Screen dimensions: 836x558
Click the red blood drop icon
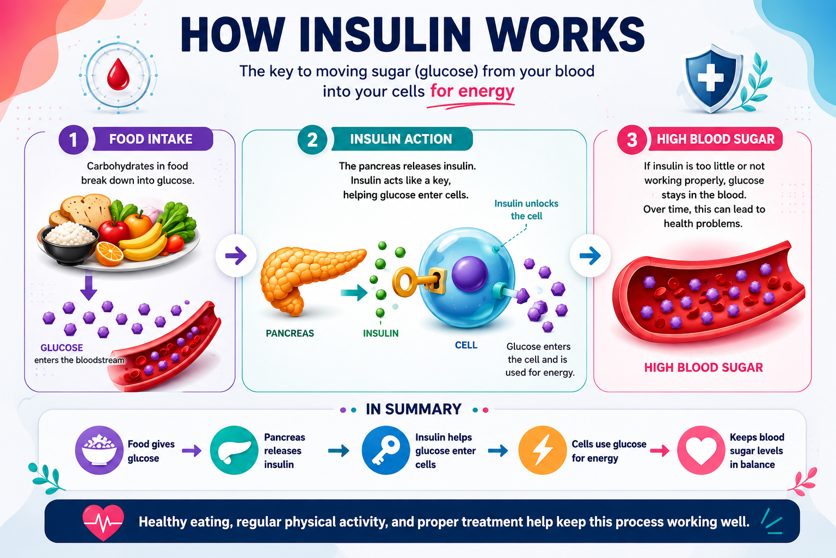pos(118,74)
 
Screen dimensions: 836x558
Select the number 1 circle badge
pos(73,139)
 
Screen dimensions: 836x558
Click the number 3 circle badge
pos(632,139)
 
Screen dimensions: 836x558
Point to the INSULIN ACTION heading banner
pos(402,139)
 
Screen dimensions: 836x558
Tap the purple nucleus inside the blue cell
pos(470,274)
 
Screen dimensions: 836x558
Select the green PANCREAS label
pos(290,333)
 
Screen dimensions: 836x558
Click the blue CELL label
pos(466,345)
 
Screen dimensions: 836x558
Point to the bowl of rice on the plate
pos(70,242)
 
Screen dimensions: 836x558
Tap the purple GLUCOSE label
pos(62,348)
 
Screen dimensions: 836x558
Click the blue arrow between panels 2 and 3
pos(590,256)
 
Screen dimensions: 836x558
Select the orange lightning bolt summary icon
pos(542,450)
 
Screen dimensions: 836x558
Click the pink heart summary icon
pos(701,450)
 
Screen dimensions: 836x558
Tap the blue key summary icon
pos(386,450)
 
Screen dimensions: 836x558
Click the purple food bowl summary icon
pos(99,450)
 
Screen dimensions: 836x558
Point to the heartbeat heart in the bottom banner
pos(103,522)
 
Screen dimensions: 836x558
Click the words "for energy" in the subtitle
pos(472,91)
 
